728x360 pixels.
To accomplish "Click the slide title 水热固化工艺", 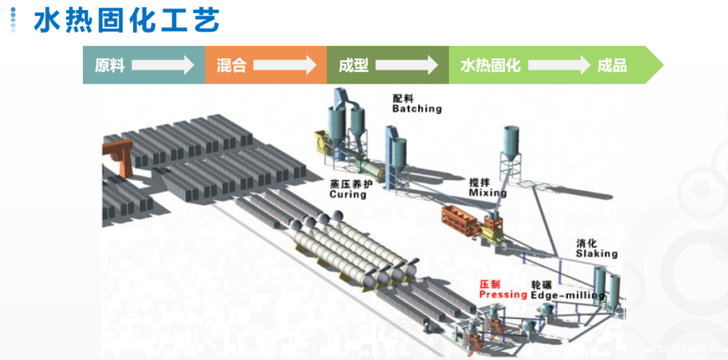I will [x=127, y=20].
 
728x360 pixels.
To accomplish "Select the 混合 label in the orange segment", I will [x=231, y=65].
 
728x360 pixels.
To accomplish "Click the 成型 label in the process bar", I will [x=353, y=65].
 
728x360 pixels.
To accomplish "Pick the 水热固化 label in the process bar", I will [x=490, y=65].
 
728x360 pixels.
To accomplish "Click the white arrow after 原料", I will [x=162, y=65].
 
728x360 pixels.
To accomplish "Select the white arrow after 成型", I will [x=406, y=65].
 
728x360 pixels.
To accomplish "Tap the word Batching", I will [x=417, y=109].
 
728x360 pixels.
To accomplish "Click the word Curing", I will [x=348, y=194].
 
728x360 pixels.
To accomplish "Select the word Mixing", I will [x=487, y=193].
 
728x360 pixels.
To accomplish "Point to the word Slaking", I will [x=597, y=253].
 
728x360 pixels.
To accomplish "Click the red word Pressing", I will [x=503, y=295].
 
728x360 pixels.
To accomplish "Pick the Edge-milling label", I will [x=567, y=295].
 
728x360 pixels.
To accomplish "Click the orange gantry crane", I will [x=119, y=159].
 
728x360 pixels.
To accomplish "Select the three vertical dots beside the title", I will [x=13, y=20].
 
